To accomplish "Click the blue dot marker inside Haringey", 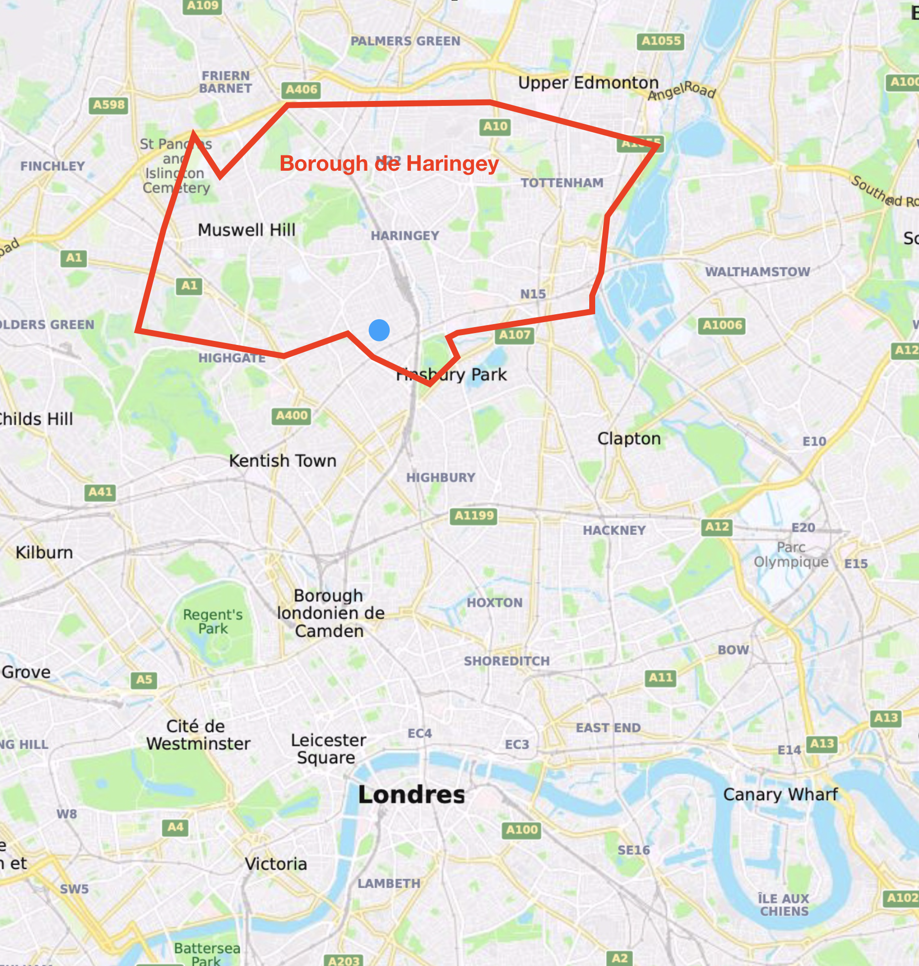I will tap(379, 330).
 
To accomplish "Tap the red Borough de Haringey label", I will tap(389, 163).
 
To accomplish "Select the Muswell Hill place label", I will tap(246, 230).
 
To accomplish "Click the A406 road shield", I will tap(301, 90).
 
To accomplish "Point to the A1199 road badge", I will tap(474, 516).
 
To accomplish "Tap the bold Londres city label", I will tap(411, 795).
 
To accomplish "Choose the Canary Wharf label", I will tap(780, 794).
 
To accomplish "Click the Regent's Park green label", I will tap(213, 622).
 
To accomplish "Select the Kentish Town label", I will tap(282, 461).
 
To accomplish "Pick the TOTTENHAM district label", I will tap(562, 183).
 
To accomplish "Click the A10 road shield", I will tap(495, 127).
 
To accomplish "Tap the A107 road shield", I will tap(514, 335).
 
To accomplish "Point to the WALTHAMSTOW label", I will tap(757, 272).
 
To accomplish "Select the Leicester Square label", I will tap(328, 749).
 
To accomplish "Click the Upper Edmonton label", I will tap(588, 83).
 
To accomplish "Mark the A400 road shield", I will tap(292, 416).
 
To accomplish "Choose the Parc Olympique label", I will tap(791, 554).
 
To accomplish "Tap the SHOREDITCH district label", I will tap(507, 661).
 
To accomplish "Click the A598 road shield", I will tap(109, 105).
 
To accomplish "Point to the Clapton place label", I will tap(629, 438).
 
